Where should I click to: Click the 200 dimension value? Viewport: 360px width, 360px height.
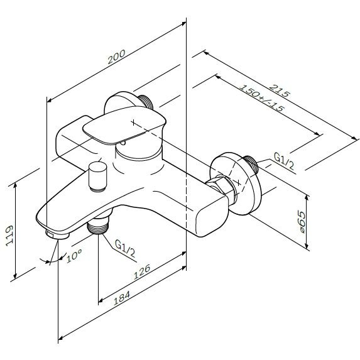117,57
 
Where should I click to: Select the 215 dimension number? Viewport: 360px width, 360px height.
280,91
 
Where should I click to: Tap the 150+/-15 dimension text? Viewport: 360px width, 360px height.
262,98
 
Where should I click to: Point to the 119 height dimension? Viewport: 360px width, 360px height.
9,236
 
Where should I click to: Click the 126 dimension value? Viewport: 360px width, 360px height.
142,272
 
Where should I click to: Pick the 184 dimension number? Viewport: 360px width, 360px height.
122,298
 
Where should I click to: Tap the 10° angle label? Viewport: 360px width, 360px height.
74,255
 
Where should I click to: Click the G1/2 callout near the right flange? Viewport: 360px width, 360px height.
284,161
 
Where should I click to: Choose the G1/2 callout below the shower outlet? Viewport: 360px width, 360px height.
125,248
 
